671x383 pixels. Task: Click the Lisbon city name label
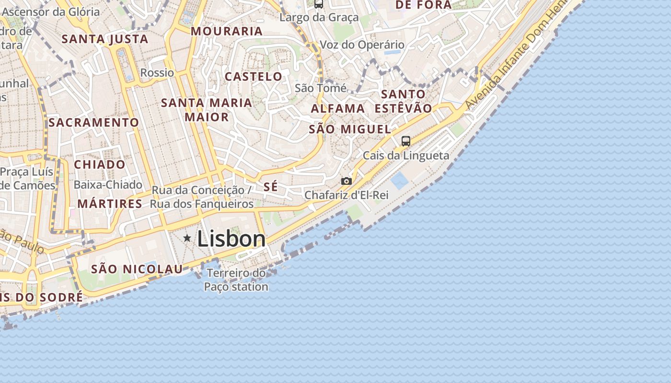231,239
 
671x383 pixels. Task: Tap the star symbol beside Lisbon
187,238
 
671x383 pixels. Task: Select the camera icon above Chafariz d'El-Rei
346,181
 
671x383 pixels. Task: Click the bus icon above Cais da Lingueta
405,141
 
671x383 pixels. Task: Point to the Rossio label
157,73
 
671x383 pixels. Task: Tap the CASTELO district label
254,77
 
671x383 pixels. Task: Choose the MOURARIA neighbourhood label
227,32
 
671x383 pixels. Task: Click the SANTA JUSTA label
105,39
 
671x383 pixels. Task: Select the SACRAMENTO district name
93,123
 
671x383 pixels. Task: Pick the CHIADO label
100,165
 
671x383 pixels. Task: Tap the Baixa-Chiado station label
108,185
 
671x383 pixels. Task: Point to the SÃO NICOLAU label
137,269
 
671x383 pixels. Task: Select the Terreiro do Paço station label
236,280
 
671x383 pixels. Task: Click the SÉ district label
271,187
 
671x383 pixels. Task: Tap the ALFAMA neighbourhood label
338,109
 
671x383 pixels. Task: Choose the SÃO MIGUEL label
350,129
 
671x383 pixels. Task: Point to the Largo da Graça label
319,18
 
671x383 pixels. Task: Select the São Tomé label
321,88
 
